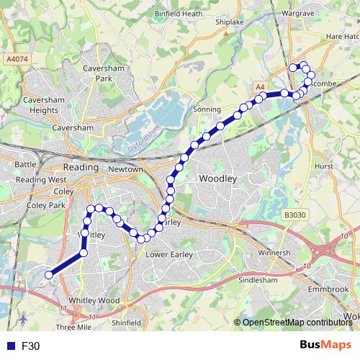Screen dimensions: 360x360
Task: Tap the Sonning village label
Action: pyautogui.click(x=207, y=109)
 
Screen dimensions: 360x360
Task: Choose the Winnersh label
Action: pyautogui.click(x=274, y=253)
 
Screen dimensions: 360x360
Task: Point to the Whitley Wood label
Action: pyautogui.click(x=94, y=300)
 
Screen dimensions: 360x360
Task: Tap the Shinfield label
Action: pyautogui.click(x=126, y=323)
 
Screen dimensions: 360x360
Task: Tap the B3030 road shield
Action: pyautogui.click(x=293, y=215)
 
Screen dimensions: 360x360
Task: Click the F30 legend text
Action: pyautogui.click(x=31, y=346)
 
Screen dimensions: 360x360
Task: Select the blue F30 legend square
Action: pyautogui.click(x=10, y=346)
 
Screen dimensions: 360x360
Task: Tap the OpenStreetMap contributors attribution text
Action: pyautogui.click(x=297, y=323)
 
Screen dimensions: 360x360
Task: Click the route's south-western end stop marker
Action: pyautogui.click(x=49, y=274)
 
